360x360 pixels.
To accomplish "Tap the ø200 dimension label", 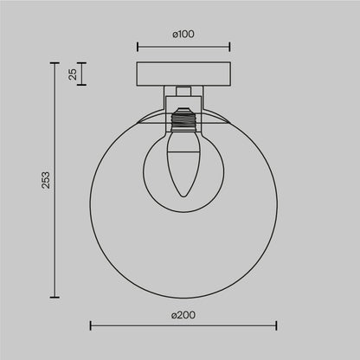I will tap(183, 312).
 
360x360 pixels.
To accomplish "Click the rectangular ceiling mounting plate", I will tap(183, 74).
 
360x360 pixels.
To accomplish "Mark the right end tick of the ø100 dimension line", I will tap(229, 47).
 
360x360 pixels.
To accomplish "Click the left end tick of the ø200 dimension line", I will tap(91, 326).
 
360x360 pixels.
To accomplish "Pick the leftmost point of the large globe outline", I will tap(91, 201).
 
